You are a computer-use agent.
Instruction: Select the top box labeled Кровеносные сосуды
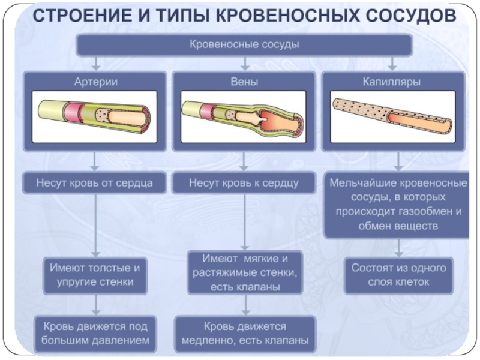pos(244,44)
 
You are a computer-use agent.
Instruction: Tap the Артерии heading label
pos(96,82)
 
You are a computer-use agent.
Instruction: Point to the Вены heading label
pos(244,82)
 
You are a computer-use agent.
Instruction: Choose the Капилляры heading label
pos(392,82)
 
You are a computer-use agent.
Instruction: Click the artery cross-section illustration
pos(95,116)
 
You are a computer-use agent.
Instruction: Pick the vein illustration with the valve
pos(244,116)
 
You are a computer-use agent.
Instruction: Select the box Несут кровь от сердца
pos(95,183)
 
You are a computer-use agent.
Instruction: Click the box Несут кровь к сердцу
pos(244,183)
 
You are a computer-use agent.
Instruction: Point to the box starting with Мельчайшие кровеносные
pos(397,205)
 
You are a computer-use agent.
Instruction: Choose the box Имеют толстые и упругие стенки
pos(95,275)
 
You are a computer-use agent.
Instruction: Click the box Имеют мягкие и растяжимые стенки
pos(245,272)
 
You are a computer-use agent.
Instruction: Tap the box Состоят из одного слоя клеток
pos(398,275)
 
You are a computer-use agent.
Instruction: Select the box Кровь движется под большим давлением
pos(95,334)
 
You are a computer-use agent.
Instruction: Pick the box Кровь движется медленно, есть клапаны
pos(245,334)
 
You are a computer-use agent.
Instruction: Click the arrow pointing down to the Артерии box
pos(96,64)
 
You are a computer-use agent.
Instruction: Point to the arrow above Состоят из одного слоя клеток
pos(398,248)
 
